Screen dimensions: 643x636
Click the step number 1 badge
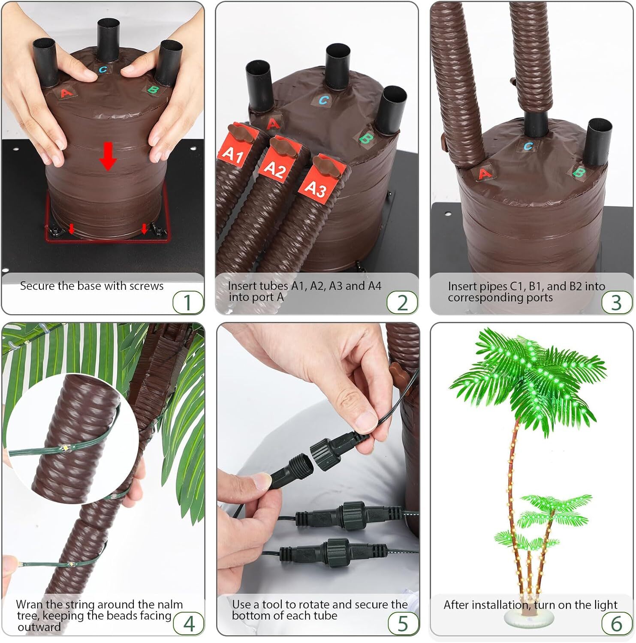pos(188,302)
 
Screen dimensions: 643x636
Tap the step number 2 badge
pos(402,302)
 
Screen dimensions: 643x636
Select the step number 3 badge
pos(616,302)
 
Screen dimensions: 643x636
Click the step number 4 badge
pos(189,624)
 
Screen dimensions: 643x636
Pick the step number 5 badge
pos(402,624)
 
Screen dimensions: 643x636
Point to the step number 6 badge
pos(616,624)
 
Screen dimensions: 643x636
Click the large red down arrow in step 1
pos(108,157)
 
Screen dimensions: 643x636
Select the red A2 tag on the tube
pos(275,168)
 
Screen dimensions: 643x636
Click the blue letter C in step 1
pos(103,69)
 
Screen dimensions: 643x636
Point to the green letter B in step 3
pos(579,173)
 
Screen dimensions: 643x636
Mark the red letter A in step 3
pos(484,174)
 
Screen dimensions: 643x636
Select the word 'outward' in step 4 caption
pos(39,627)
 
